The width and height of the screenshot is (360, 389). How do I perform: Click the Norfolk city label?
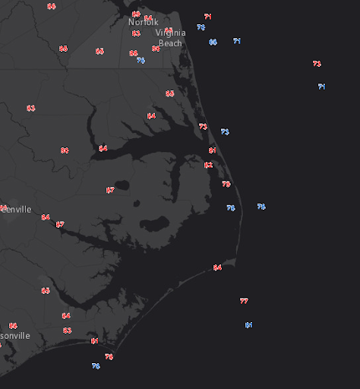[x=143, y=22]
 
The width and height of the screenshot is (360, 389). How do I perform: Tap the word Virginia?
[x=169, y=33]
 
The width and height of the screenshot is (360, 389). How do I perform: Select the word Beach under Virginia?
[x=170, y=43]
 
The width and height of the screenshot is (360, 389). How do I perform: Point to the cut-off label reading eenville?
[x=16, y=209]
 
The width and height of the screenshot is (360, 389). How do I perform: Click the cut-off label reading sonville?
[x=14, y=335]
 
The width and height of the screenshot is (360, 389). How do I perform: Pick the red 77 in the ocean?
[x=244, y=301]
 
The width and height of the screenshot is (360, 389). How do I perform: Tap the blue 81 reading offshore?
[x=248, y=325]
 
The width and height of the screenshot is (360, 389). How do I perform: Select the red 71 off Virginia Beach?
[x=208, y=16]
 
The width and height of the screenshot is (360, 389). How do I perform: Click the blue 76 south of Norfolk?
[x=141, y=60]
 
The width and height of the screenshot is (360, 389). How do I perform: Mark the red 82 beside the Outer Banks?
[x=208, y=165]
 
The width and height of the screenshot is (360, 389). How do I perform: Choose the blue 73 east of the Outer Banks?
[x=225, y=131]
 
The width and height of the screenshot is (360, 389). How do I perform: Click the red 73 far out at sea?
[x=317, y=64]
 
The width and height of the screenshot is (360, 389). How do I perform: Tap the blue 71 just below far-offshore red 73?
[x=321, y=87]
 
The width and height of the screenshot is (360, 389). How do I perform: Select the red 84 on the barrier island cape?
[x=217, y=267]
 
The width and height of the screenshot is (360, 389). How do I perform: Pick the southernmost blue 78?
[x=96, y=366]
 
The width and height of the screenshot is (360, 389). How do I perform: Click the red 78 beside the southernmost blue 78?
[x=109, y=356]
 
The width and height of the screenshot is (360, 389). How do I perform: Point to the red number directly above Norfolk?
[x=136, y=14]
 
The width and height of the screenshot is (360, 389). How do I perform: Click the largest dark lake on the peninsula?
[x=154, y=225]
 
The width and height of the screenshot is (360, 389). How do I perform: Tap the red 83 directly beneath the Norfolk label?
[x=136, y=33]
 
